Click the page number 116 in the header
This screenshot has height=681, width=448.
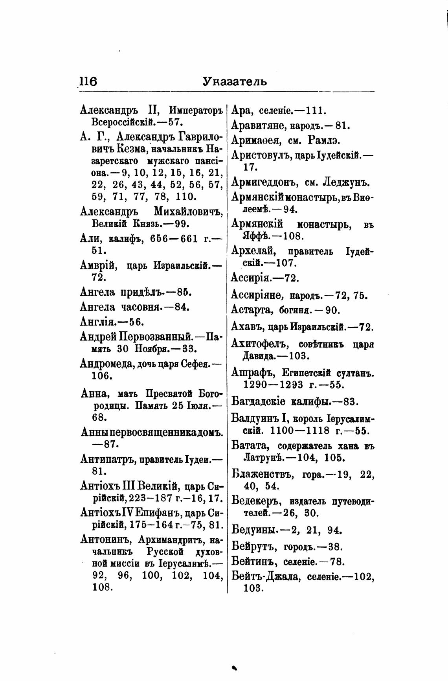pyautogui.click(x=88, y=81)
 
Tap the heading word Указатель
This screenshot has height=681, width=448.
pyautogui.click(x=235, y=81)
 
